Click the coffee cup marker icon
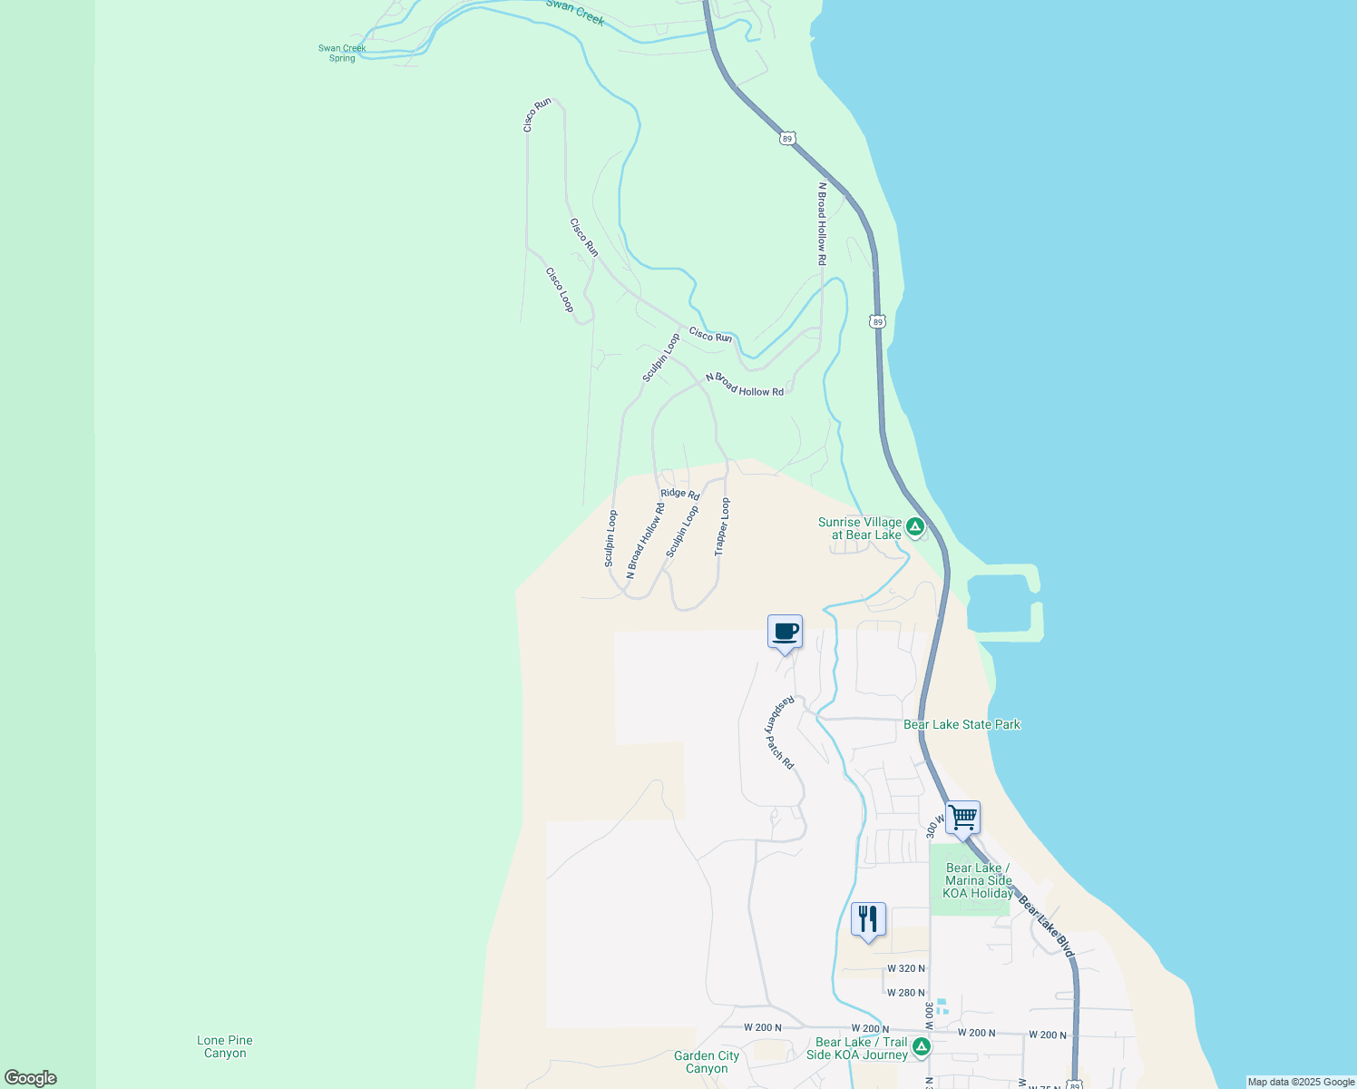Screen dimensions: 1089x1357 pyautogui.click(x=785, y=632)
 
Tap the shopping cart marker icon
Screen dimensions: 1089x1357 pyautogui.click(x=962, y=818)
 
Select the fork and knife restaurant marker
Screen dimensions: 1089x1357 pyautogui.click(x=868, y=919)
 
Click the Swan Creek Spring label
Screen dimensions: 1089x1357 pyautogui.click(x=342, y=54)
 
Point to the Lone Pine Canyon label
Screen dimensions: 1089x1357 pyautogui.click(x=225, y=1047)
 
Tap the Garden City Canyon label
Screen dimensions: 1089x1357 pyautogui.click(x=707, y=1062)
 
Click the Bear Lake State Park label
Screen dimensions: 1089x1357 pyautogui.click(x=962, y=724)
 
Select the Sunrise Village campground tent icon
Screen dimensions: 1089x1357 pyautogui.click(x=915, y=526)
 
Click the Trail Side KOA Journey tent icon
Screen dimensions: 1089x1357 pyautogui.click(x=922, y=1047)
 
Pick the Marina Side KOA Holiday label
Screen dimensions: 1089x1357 pyautogui.click(x=978, y=880)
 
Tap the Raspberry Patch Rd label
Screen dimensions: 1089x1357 pyautogui.click(x=779, y=732)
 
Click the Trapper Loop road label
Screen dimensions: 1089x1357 pyautogui.click(x=722, y=527)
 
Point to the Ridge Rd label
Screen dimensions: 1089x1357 pyautogui.click(x=680, y=494)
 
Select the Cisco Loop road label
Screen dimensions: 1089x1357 pyautogui.click(x=560, y=289)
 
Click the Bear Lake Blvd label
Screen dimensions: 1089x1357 pyautogui.click(x=1046, y=927)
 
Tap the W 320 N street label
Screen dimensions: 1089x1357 pyautogui.click(x=906, y=969)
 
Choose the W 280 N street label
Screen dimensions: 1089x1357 pyautogui.click(x=906, y=993)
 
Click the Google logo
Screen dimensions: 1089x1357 pyautogui.click(x=30, y=1078)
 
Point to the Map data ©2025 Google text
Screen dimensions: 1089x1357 pyautogui.click(x=1301, y=1082)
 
